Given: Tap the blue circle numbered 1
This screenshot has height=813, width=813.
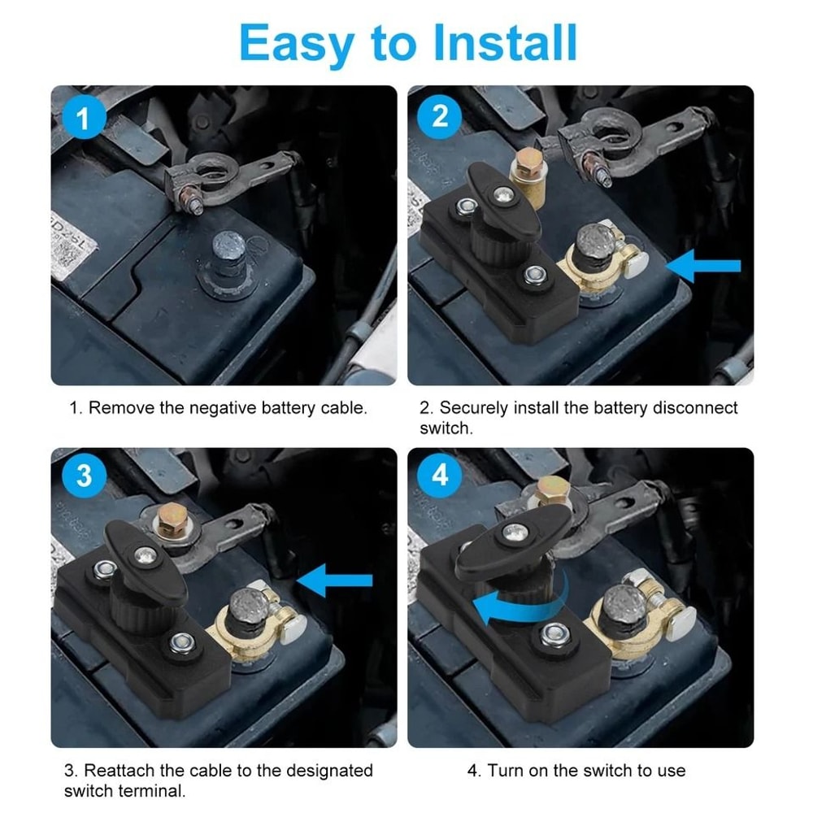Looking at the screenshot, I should click(x=84, y=119).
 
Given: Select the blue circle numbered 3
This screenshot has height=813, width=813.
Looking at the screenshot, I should click(x=84, y=476).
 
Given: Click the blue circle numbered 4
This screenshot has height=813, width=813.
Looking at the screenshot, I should click(x=440, y=475).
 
